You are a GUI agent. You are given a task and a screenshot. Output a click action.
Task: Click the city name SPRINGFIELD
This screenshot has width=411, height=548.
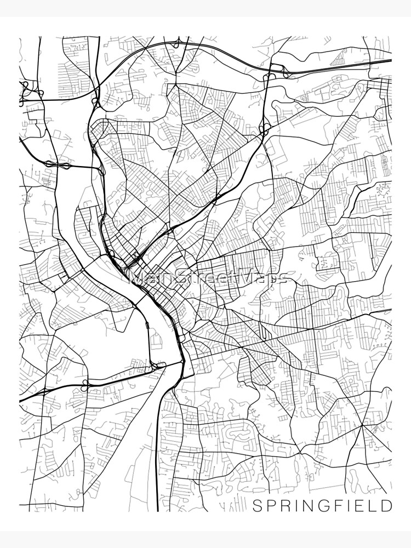pos(322,505)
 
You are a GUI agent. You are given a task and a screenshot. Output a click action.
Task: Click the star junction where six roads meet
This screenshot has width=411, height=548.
pos(362,425)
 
